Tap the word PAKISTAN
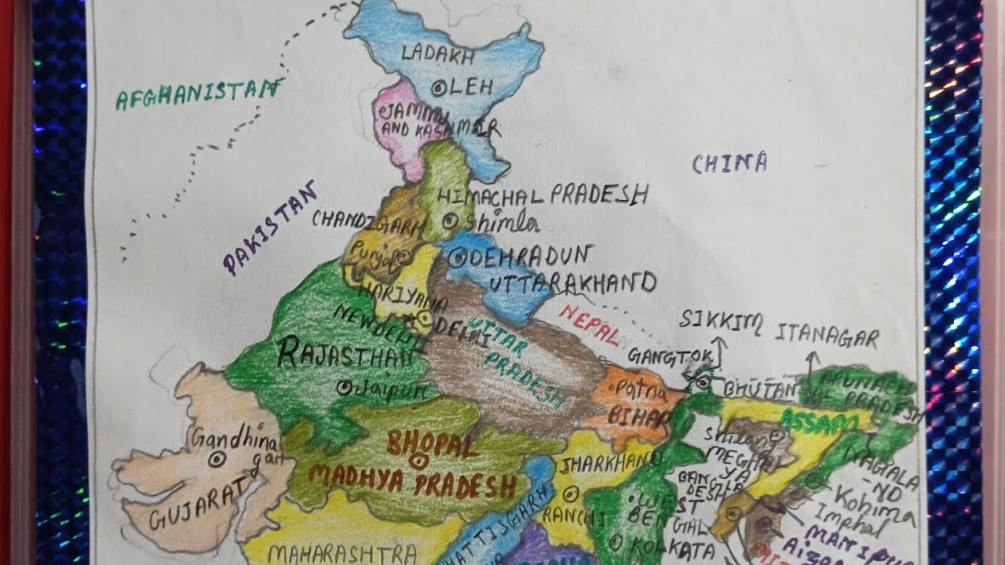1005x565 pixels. tap(270, 227)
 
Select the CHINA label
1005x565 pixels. tap(729, 163)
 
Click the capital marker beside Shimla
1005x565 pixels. tap(450, 222)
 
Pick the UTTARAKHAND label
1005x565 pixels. tap(572, 282)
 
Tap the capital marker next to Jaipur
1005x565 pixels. tap(343, 387)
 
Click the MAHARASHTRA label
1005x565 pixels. tap(342, 554)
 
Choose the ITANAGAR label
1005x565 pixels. tap(827, 337)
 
